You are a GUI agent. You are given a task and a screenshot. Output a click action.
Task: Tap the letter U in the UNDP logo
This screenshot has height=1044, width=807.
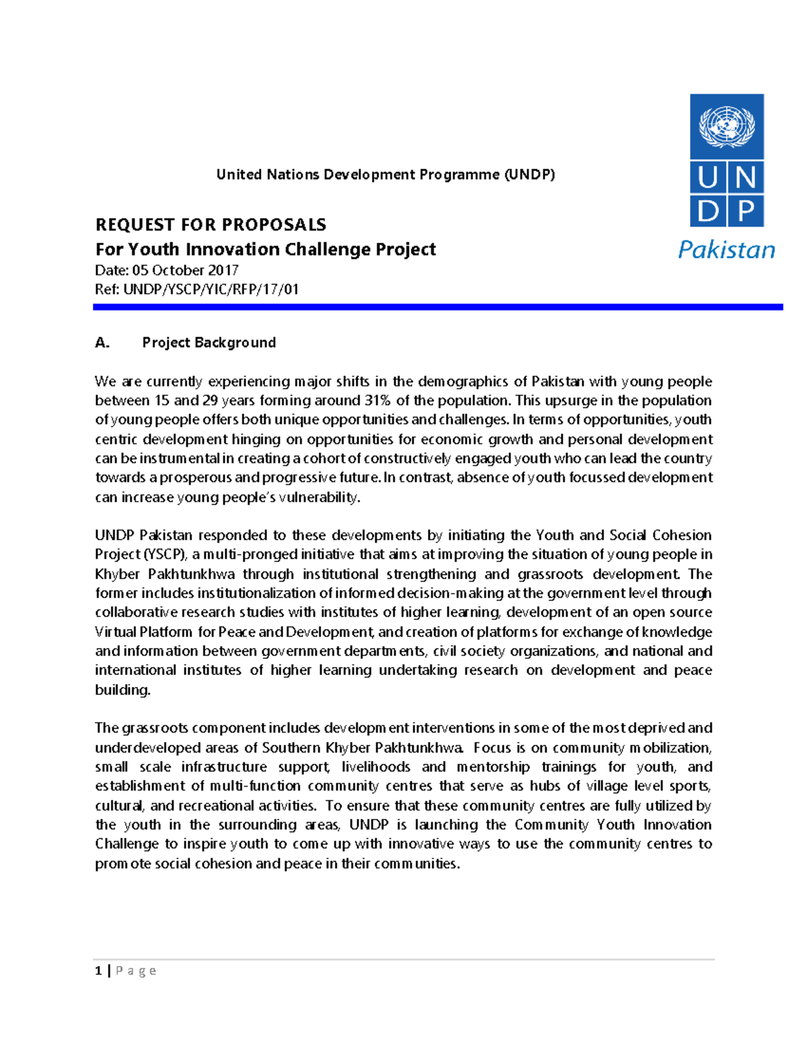(x=707, y=178)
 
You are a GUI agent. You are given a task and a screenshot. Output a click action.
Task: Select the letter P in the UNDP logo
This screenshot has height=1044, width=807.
(x=746, y=211)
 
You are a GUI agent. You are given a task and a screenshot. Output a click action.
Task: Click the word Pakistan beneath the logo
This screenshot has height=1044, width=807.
(x=726, y=249)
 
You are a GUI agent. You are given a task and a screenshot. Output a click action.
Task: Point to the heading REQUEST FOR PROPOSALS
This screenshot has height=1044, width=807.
(x=210, y=225)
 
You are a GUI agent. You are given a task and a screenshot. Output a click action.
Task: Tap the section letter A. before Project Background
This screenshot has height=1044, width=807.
(x=102, y=343)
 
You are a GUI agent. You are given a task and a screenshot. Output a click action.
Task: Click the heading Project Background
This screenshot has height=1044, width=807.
(x=208, y=343)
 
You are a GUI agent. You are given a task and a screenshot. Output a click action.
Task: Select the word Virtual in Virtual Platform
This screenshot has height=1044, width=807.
(x=116, y=632)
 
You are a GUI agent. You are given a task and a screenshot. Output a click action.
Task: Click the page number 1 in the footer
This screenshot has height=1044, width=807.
(x=99, y=970)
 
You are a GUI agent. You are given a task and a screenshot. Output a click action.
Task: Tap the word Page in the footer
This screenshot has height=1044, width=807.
(x=136, y=971)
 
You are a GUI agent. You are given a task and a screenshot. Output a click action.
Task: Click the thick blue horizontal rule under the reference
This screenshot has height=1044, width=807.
(x=437, y=307)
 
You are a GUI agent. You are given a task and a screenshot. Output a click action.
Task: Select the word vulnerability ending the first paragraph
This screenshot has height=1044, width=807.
(x=319, y=497)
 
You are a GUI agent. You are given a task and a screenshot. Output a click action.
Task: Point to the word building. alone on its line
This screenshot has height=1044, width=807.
(x=122, y=690)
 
